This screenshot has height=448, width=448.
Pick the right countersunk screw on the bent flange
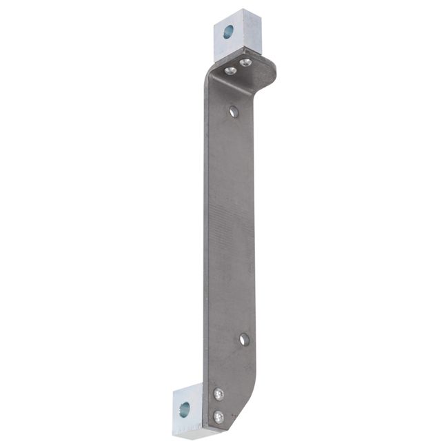(x=245, y=63)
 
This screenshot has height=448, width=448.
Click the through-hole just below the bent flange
(x=234, y=110)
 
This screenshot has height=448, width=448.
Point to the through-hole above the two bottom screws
(x=243, y=338)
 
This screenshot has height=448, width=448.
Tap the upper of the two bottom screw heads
(x=219, y=394)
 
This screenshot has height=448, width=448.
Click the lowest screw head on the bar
(x=218, y=416)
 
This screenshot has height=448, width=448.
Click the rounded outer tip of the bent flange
(x=274, y=69)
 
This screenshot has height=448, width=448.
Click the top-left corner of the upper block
(x=214, y=20)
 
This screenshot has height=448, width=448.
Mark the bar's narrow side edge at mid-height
(x=205, y=227)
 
